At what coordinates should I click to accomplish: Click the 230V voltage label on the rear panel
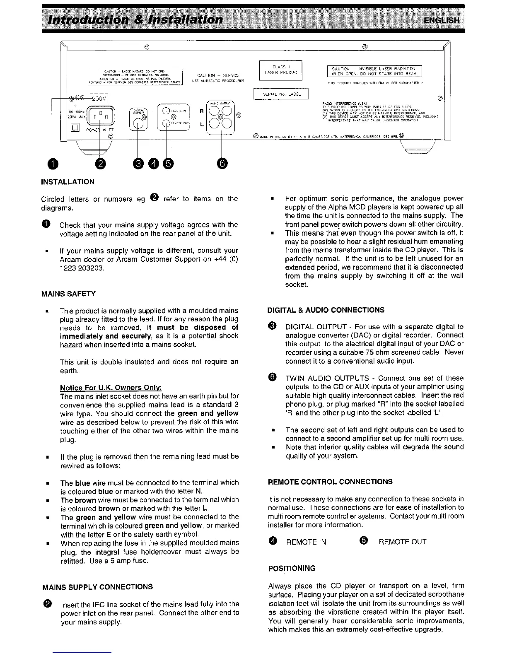[x=99, y=99]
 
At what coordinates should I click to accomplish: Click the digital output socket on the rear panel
[x=138, y=119]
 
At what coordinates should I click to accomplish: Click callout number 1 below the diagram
[x=52, y=164]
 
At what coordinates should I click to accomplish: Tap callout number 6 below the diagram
[x=222, y=164]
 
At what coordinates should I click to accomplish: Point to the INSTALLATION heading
[x=68, y=182]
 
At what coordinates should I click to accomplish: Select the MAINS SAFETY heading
[x=68, y=294]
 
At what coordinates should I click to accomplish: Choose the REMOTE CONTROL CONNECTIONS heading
[x=330, y=482]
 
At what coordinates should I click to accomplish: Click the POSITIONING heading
[x=292, y=568]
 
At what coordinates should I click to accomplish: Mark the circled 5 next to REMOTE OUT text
[x=365, y=541]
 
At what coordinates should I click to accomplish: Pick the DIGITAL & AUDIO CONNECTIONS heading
[x=326, y=310]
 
